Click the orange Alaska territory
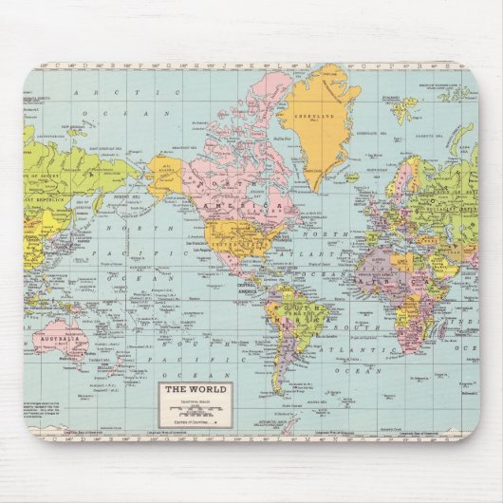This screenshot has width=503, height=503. [x=168, y=176]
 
